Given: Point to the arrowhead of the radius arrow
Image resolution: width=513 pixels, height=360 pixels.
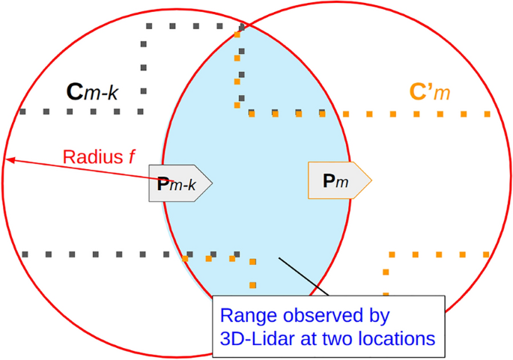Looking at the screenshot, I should point(7,159).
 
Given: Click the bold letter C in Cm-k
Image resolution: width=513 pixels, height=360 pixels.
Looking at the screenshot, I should point(74,92).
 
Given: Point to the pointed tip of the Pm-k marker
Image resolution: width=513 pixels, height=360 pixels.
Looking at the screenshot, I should point(213,182).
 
